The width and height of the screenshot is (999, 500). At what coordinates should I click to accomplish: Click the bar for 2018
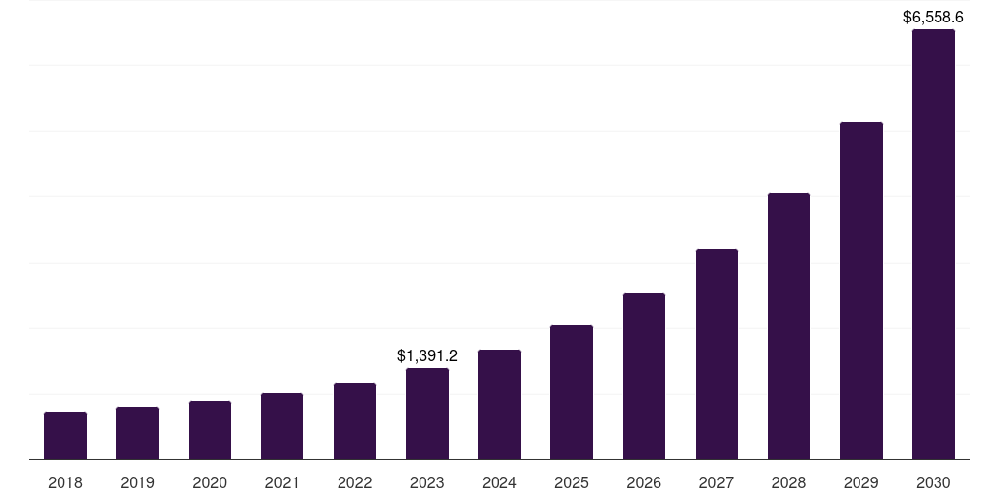65,436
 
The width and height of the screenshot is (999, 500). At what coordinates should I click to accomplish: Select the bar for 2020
210,430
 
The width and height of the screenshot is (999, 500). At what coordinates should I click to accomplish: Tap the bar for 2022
354,421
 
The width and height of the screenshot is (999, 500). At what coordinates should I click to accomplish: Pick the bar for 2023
427,413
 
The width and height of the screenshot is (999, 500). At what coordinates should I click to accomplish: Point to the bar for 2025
572,392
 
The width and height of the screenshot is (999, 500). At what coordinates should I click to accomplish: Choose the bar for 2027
716,354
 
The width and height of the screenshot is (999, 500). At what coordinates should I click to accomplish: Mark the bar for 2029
861,290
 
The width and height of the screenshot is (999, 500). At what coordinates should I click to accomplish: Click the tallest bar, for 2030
934,244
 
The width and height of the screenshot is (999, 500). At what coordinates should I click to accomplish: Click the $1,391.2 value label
427,356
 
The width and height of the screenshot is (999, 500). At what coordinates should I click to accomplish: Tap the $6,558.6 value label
934,17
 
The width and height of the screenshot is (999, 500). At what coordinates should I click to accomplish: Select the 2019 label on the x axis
138,482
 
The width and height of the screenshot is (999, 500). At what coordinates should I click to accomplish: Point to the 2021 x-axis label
282,482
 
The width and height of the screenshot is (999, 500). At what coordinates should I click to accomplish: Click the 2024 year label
499,482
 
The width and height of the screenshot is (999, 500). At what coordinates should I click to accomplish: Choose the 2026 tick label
644,482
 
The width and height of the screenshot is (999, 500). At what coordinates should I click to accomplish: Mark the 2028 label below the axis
788,482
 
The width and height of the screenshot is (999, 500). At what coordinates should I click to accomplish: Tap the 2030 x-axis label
934,482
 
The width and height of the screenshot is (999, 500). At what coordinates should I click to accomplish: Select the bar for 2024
499,404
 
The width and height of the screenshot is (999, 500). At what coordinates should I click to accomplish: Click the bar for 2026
644,376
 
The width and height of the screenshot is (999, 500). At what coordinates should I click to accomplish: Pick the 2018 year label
65,482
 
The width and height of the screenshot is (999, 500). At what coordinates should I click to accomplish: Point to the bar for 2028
788,326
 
